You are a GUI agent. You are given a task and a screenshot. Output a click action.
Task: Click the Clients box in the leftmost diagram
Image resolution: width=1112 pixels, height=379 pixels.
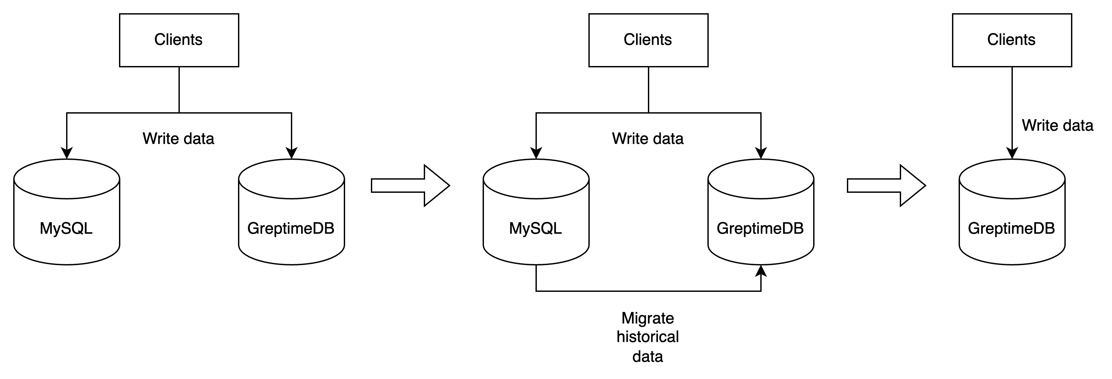click(x=179, y=40)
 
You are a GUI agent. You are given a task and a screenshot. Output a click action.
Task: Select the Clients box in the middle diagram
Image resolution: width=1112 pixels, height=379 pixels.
click(x=648, y=40)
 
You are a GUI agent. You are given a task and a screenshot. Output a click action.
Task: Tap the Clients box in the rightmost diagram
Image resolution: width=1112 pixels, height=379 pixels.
click(x=1012, y=40)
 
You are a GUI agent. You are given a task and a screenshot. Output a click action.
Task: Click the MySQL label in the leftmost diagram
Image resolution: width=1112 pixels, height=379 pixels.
click(x=66, y=228)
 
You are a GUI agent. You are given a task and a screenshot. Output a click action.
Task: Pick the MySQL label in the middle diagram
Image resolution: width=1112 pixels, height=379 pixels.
click(x=535, y=228)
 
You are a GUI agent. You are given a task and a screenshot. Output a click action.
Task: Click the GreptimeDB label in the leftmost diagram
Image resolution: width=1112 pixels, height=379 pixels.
click(x=291, y=228)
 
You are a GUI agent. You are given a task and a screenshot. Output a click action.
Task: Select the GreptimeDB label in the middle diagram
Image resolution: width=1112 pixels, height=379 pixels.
click(x=760, y=228)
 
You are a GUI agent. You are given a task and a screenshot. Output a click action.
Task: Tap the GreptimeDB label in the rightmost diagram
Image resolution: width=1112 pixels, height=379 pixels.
click(x=1012, y=228)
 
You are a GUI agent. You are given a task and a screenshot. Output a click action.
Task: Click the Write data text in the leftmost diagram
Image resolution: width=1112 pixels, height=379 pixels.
click(x=178, y=138)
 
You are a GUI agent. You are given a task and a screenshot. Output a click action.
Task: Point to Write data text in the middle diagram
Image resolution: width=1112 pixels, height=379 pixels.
click(x=648, y=138)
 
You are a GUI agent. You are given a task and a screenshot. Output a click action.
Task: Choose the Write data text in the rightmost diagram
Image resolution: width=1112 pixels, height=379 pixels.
click(x=1057, y=125)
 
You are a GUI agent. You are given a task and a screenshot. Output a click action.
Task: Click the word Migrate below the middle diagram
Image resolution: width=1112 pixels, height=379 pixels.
click(x=648, y=318)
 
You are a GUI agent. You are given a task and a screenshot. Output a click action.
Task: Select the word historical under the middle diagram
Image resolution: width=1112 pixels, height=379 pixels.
click(x=648, y=337)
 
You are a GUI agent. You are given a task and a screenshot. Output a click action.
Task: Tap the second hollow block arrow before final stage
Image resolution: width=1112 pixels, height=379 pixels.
click(x=887, y=186)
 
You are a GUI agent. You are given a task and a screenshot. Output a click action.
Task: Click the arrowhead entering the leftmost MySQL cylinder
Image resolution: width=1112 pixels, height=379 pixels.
click(x=66, y=153)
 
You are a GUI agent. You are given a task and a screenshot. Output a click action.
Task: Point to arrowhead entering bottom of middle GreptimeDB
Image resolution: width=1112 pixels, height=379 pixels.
click(x=761, y=271)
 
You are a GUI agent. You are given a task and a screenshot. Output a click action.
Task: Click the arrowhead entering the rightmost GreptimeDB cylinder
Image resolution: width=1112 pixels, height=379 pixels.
click(x=1012, y=153)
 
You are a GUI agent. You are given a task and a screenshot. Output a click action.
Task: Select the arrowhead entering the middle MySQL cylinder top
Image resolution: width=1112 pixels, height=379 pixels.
click(x=536, y=153)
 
